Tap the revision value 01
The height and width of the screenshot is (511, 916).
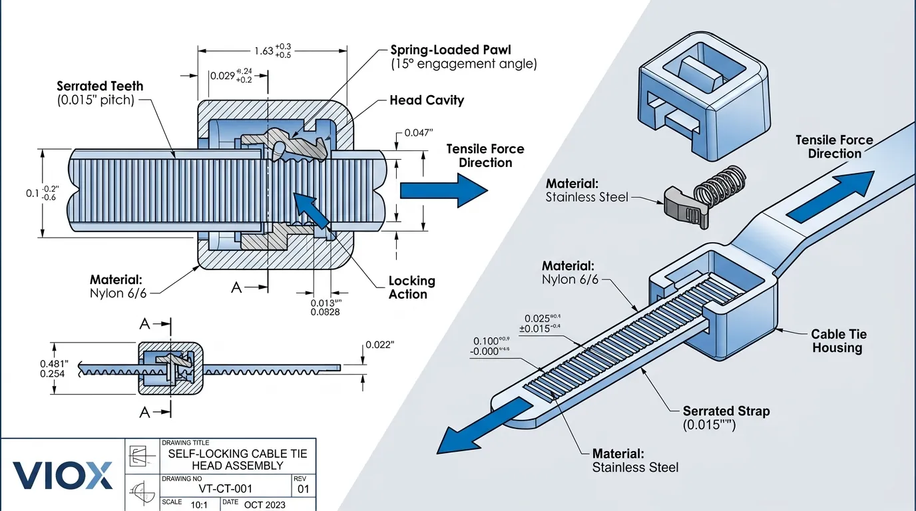(303, 489)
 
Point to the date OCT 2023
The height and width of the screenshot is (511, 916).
(265, 504)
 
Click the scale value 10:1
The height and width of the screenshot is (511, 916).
(199, 505)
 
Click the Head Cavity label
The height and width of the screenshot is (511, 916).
(426, 100)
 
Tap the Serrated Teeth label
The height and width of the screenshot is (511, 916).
(100, 86)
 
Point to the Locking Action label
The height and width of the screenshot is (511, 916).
(411, 287)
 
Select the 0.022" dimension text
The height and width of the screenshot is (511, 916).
(379, 345)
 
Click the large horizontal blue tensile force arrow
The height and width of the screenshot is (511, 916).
(443, 190)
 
